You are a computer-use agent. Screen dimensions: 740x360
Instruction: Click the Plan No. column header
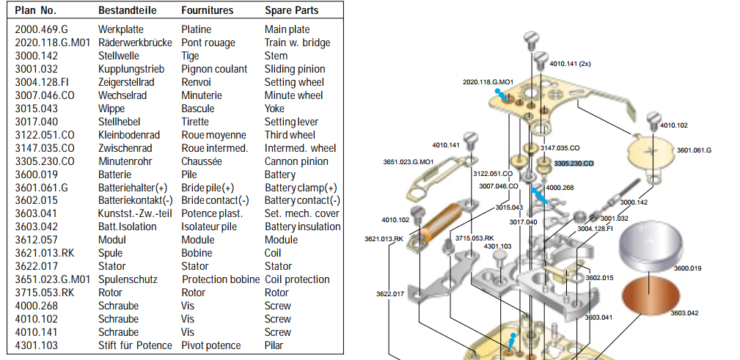tap(36, 10)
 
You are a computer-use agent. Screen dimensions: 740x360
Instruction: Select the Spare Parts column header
tap(291, 10)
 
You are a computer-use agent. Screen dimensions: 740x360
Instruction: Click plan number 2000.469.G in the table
tap(42, 30)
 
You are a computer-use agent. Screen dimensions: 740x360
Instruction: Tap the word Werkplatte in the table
tap(121, 30)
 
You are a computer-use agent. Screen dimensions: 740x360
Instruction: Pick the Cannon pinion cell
tap(296, 161)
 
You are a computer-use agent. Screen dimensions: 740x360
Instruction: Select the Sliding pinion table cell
tap(295, 70)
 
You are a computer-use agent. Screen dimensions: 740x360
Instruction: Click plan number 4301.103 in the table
tap(37, 345)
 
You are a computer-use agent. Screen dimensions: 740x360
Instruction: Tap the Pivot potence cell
tap(211, 345)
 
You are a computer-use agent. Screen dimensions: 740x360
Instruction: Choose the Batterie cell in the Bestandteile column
tap(117, 175)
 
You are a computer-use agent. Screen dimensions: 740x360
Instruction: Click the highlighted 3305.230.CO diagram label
tap(574, 164)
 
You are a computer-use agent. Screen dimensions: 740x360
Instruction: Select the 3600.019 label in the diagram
tap(687, 268)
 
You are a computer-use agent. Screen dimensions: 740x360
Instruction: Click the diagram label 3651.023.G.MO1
tap(409, 162)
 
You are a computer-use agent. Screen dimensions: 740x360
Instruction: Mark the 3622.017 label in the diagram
tap(390, 294)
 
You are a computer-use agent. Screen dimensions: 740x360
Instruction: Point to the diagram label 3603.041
tap(598, 317)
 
